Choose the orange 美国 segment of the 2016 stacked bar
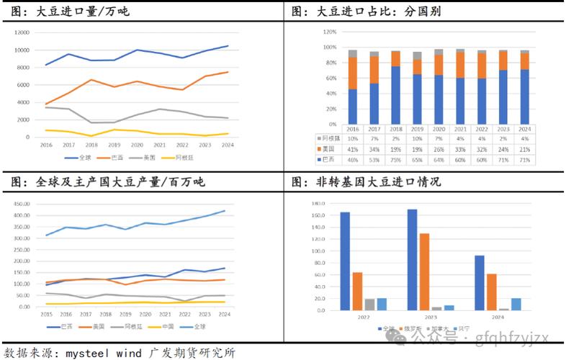coord(353,73)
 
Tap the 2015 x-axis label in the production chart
coord(47,315)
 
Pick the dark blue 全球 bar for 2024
coord(480,283)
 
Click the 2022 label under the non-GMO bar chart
coord(363,317)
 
